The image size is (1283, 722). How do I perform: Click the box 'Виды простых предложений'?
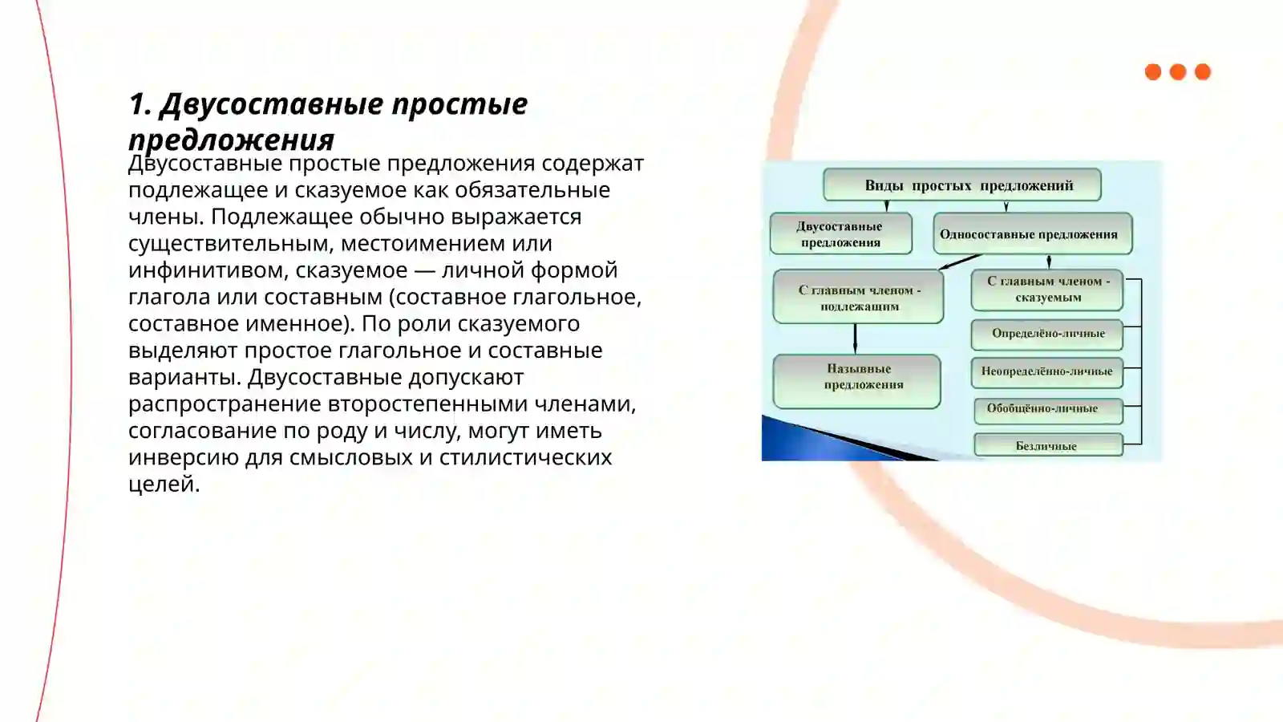click(x=961, y=185)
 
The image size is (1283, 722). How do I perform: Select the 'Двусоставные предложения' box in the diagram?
click(x=840, y=233)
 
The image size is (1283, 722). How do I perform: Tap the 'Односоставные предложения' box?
click(x=1032, y=234)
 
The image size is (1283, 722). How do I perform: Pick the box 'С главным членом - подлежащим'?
click(x=858, y=298)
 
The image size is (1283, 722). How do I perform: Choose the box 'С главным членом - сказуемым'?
click(x=1046, y=290)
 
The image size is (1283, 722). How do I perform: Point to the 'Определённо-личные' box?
click(x=1046, y=334)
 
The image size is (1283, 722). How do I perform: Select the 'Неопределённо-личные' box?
click(x=1046, y=371)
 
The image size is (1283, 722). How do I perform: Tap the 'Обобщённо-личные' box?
click(x=1046, y=410)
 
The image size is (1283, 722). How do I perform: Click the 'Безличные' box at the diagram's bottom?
click(x=1046, y=445)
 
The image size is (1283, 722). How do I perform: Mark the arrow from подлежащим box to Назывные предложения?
click(x=856, y=339)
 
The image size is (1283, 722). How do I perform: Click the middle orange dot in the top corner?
click(x=1178, y=72)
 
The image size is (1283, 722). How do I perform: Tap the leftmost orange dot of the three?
click(x=1153, y=72)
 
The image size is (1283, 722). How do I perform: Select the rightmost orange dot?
click(x=1203, y=72)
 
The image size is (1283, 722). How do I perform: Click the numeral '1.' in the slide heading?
click(x=140, y=104)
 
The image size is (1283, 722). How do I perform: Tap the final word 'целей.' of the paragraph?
click(x=164, y=485)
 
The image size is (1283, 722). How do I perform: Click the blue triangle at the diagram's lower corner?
click(x=794, y=441)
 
